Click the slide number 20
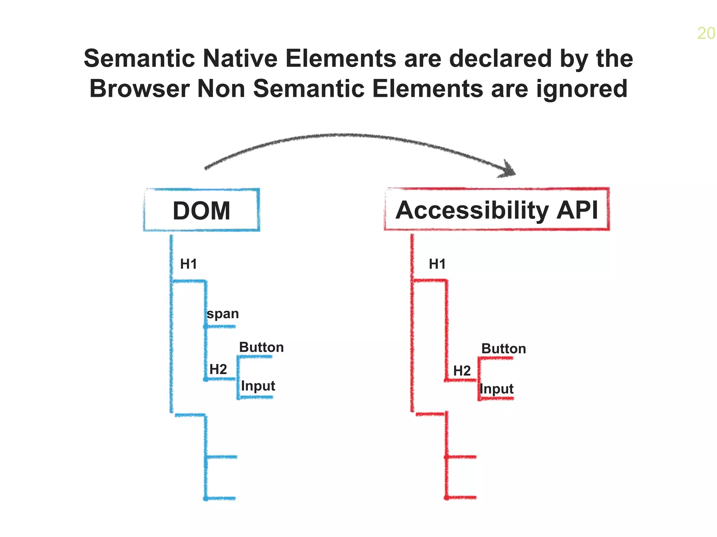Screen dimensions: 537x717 click(705, 34)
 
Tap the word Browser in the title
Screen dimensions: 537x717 click(139, 88)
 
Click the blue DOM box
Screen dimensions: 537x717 click(201, 210)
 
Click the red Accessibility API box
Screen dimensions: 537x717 click(497, 209)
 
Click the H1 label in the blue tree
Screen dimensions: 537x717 click(188, 264)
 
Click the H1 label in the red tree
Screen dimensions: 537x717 click(437, 264)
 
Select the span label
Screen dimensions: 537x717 click(223, 314)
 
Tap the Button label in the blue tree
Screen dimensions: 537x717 click(261, 347)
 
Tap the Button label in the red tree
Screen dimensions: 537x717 click(503, 349)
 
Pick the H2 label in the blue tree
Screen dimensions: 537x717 click(218, 369)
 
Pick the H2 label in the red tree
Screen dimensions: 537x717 click(462, 371)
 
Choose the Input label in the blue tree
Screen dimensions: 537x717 click(258, 386)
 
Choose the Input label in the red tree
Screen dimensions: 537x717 click(496, 389)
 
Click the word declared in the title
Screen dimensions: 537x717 click(501, 58)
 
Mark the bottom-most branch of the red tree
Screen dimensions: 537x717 click(461, 497)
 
